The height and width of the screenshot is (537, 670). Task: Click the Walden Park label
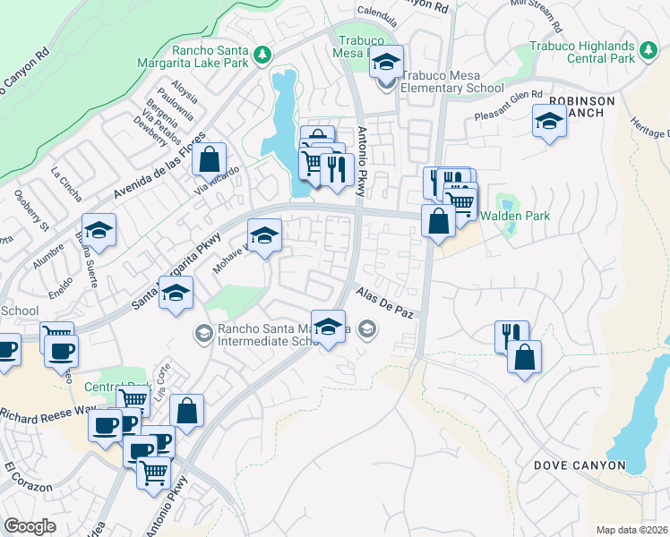[514, 217]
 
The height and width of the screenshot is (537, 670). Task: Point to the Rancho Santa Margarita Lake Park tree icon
[262, 55]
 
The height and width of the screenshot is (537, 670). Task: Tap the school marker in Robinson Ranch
[549, 122]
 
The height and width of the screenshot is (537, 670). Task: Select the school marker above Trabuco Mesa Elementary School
[386, 63]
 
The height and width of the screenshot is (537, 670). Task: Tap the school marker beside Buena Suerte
[99, 230]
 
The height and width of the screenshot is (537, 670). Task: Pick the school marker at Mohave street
[264, 236]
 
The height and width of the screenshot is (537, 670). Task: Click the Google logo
[30, 526]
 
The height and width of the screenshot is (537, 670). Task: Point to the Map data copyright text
[632, 530]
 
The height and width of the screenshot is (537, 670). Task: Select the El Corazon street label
[22, 475]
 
